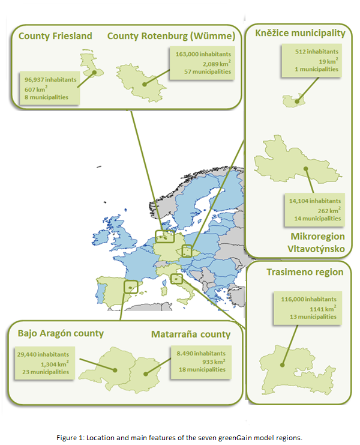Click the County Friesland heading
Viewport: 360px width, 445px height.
55,36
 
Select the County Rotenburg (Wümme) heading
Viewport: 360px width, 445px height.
171,36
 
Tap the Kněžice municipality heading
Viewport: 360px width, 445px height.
299,33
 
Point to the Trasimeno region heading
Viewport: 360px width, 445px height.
305,272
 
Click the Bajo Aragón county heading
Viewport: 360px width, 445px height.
61,333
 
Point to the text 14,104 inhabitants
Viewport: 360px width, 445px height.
313,201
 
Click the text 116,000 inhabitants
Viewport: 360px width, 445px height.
308,298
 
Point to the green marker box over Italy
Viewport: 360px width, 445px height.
176,278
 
